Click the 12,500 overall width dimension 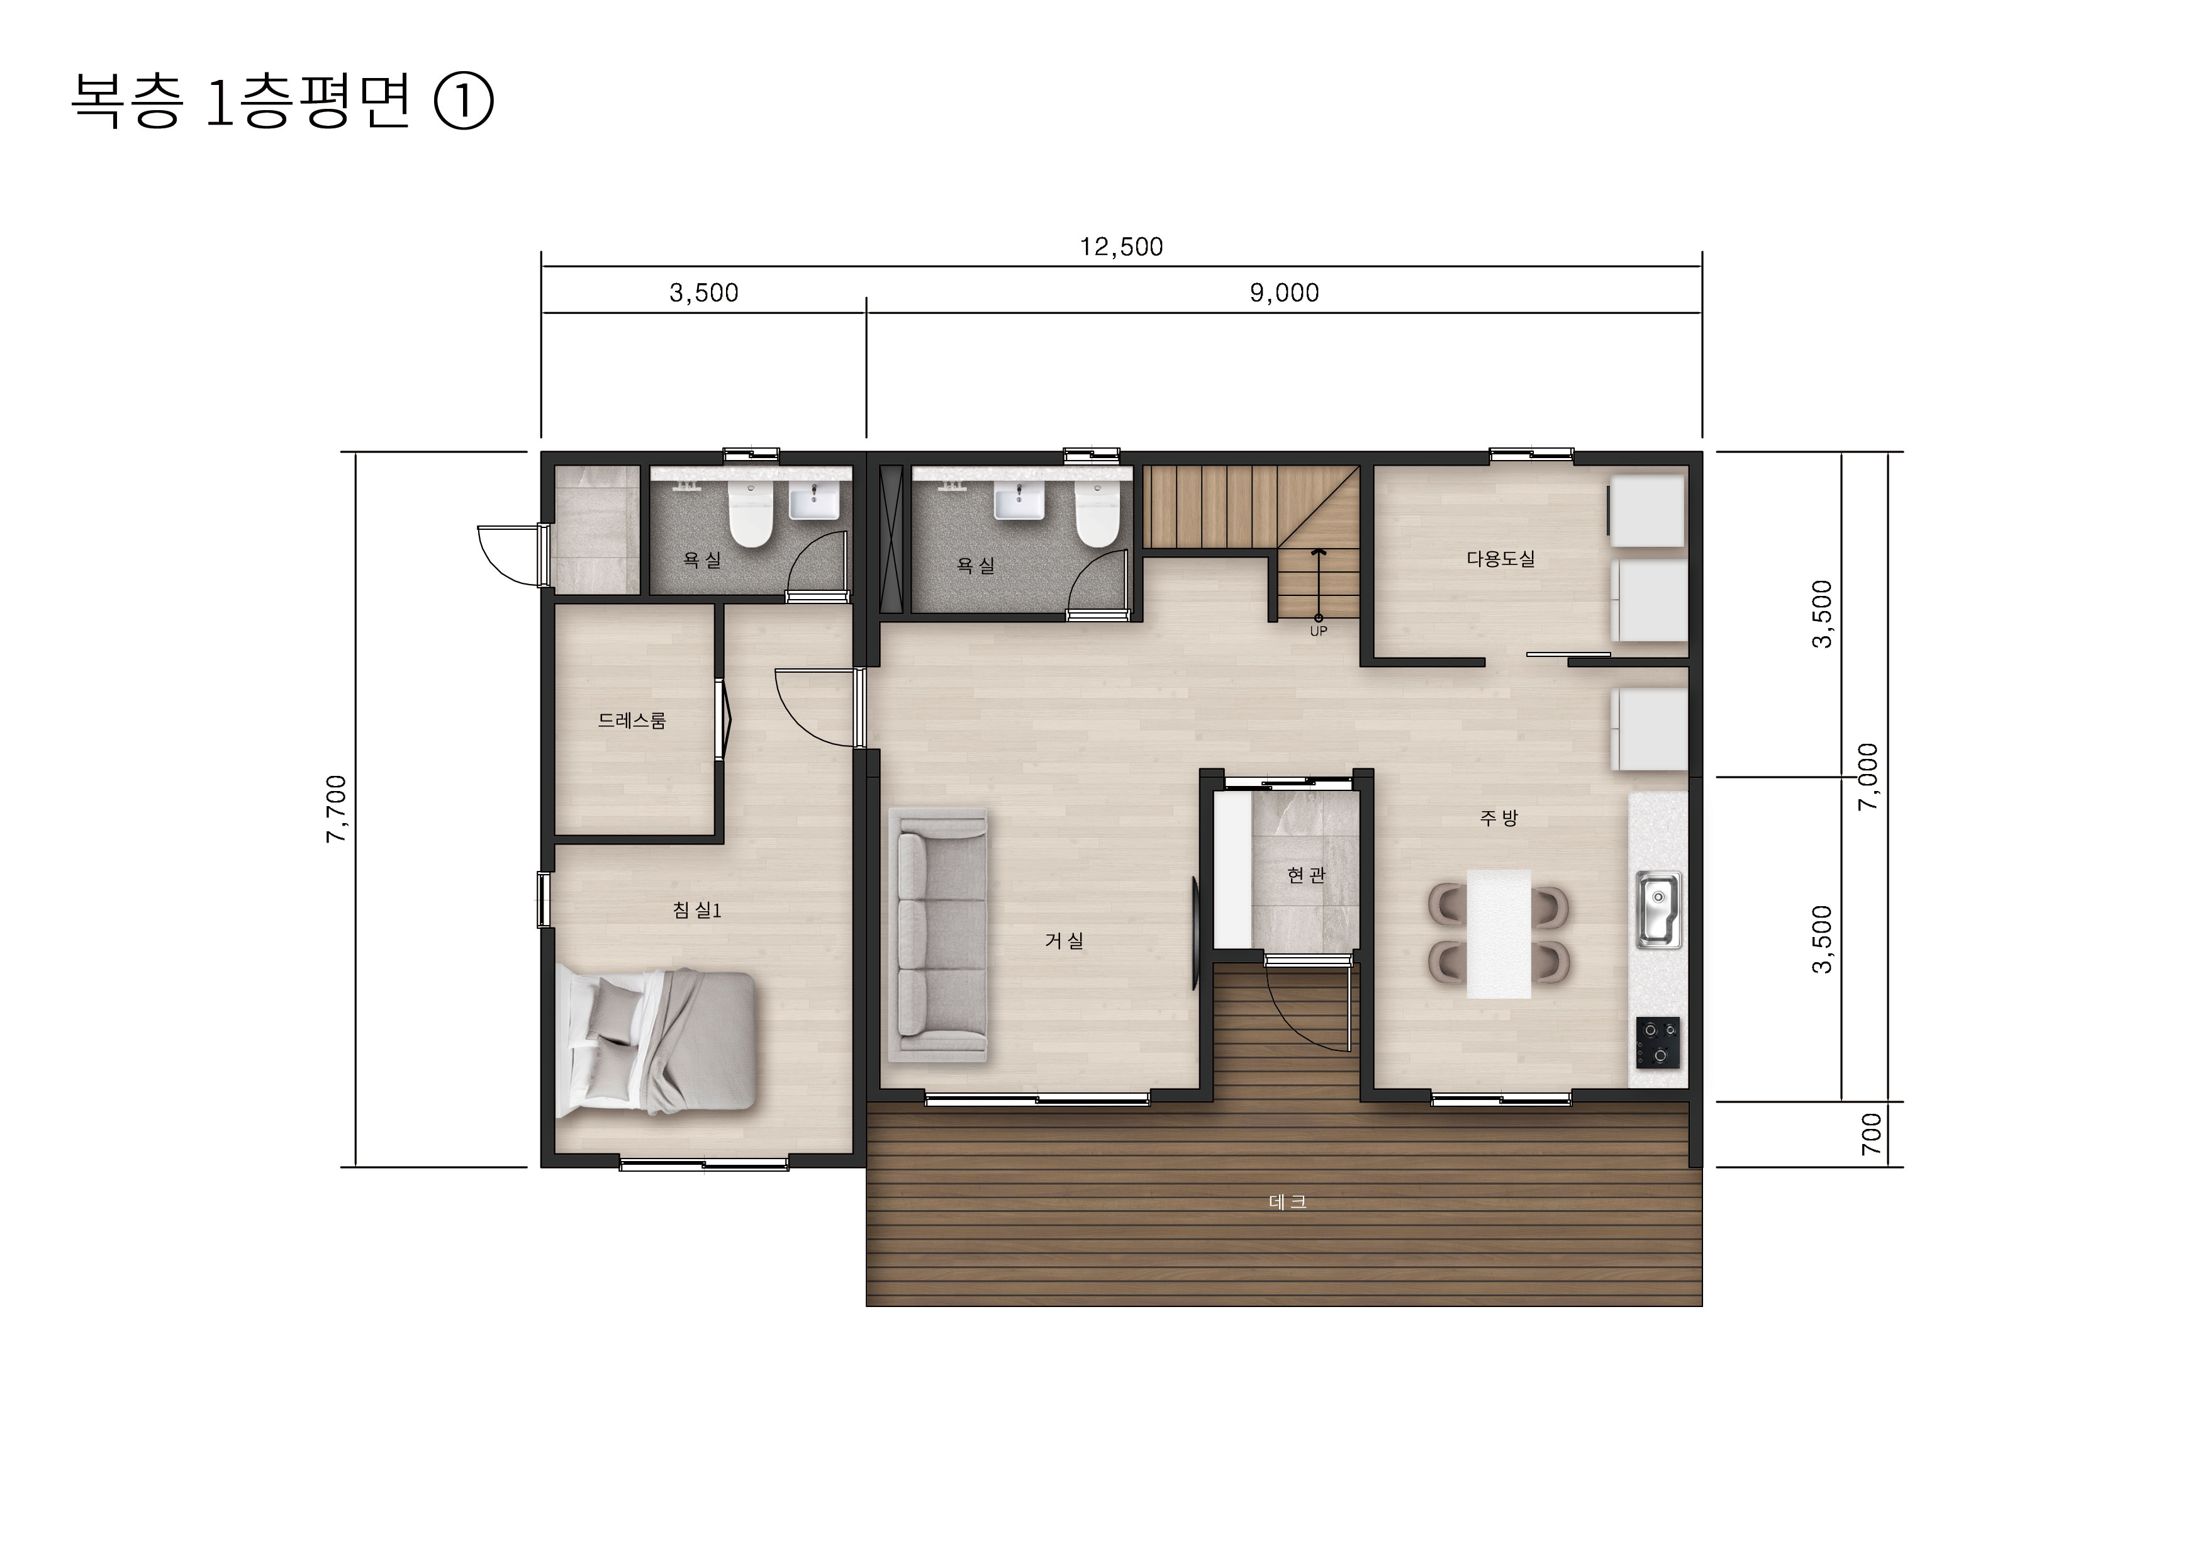pos(1121,247)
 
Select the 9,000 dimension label pos(1284,293)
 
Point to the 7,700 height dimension pos(337,809)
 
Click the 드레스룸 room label pos(632,720)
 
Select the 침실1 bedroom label pos(697,909)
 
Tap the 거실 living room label pos(1064,940)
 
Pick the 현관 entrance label pos(1305,875)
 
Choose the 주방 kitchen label pos(1499,818)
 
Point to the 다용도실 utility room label pos(1500,558)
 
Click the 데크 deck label pos(1287,1201)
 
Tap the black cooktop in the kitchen pos(1658,1043)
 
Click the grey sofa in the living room pos(938,934)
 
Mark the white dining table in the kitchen pos(1499,933)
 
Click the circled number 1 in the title pos(465,103)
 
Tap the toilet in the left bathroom pos(751,513)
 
